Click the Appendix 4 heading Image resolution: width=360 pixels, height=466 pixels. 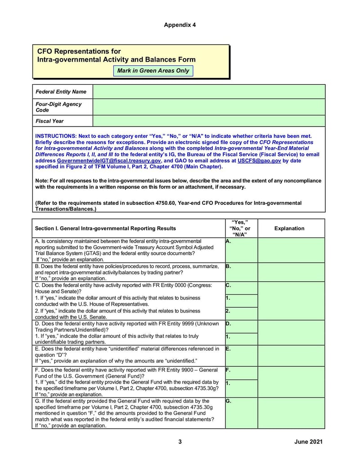[x=180, y=25]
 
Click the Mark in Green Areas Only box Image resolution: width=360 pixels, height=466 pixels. [x=153, y=71]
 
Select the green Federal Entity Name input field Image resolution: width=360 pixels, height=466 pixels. [x=209, y=91]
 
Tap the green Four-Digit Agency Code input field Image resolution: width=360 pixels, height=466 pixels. [x=209, y=107]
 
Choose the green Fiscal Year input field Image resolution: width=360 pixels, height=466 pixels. [x=209, y=121]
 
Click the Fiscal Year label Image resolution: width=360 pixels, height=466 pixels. [x=49, y=121]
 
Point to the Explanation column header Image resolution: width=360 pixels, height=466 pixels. [x=289, y=228]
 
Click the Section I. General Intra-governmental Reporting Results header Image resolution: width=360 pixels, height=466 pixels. [x=106, y=228]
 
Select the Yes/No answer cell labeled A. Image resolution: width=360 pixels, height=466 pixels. [x=241, y=250]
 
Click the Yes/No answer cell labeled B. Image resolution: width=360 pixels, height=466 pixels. [x=241, y=272]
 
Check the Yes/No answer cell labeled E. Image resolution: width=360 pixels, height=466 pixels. [x=241, y=356]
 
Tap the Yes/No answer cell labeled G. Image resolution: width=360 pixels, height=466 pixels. [x=241, y=413]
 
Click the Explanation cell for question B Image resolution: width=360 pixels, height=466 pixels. [x=291, y=272]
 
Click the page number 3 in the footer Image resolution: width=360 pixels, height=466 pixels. [x=180, y=442]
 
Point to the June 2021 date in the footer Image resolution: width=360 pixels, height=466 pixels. [x=308, y=442]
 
